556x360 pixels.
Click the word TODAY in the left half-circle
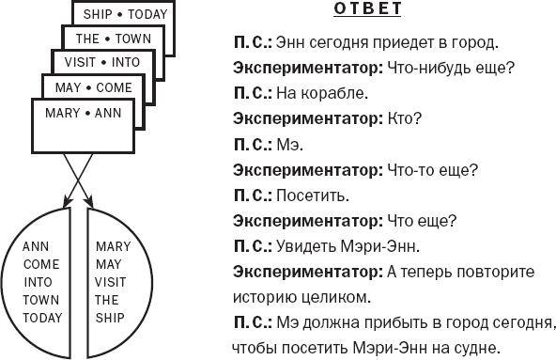[41, 318]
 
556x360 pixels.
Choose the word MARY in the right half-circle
[112, 246]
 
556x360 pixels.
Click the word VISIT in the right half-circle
[110, 282]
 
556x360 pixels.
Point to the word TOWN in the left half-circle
[41, 300]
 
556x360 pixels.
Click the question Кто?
[403, 120]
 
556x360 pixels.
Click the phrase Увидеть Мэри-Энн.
[347, 247]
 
